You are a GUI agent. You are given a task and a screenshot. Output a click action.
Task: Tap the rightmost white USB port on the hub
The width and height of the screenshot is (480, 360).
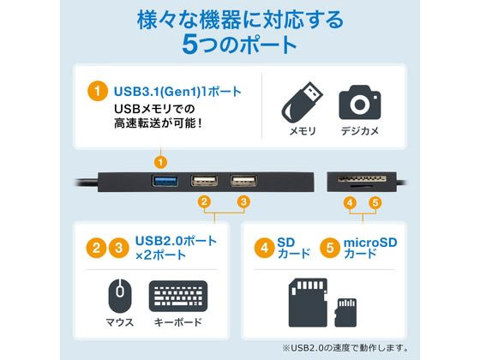point(243,182)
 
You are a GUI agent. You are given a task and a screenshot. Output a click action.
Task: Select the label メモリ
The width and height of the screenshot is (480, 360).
point(300,132)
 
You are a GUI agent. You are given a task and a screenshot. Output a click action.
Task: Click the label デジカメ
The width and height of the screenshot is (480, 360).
point(360,132)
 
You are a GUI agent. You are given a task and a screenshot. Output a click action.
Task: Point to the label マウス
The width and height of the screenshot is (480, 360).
point(120,322)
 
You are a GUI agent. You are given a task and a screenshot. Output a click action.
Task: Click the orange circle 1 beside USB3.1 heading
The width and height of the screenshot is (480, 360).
point(99,89)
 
